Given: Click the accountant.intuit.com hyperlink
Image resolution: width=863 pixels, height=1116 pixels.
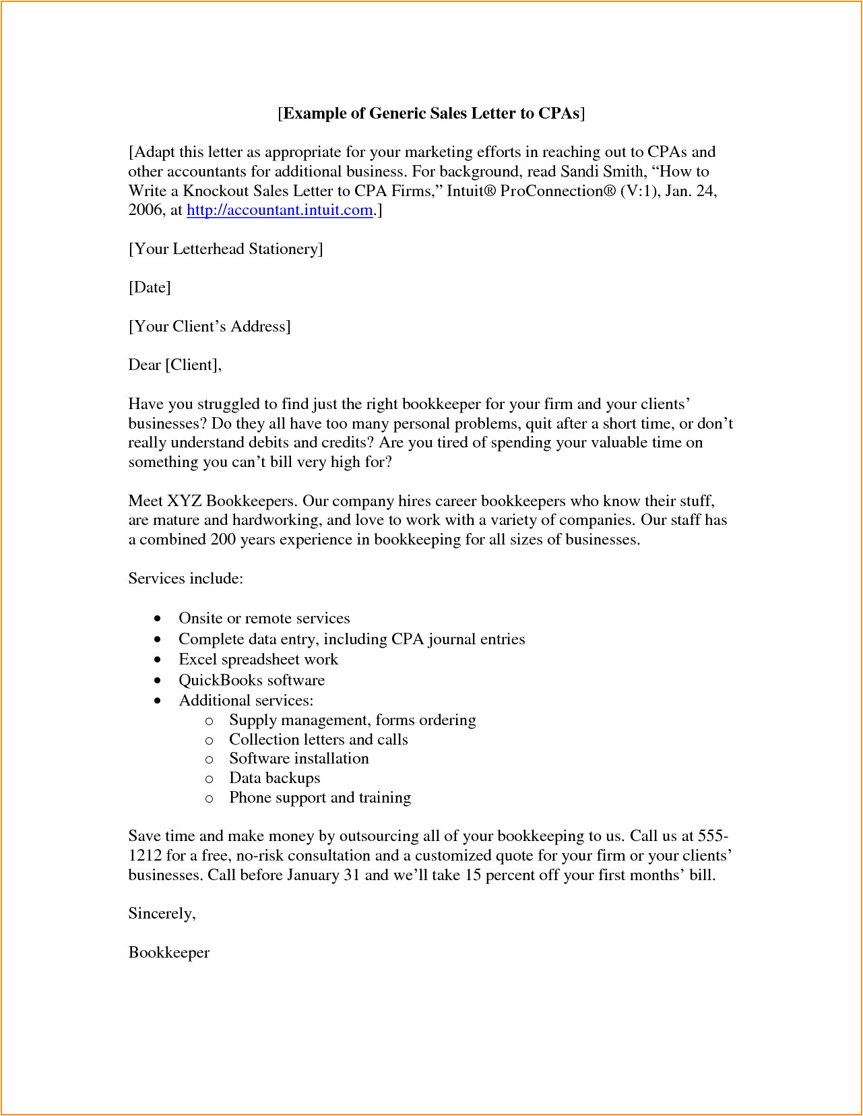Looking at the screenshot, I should click(x=280, y=210).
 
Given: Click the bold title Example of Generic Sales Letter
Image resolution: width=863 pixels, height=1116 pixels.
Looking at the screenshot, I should click(x=431, y=113).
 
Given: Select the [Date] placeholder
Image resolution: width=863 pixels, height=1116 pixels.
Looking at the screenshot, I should click(x=150, y=288).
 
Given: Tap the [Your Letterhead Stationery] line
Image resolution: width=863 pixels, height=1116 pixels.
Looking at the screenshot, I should click(x=226, y=249).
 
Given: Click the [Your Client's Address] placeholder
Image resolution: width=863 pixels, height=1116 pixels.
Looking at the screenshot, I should click(x=210, y=327).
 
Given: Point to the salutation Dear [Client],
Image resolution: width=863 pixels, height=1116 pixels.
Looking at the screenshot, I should click(x=174, y=365).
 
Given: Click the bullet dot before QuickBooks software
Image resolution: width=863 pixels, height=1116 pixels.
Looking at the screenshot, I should click(x=158, y=681).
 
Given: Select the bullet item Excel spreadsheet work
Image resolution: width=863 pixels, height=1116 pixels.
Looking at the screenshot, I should click(x=258, y=660).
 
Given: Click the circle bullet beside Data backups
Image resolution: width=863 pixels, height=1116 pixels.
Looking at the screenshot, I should click(x=210, y=779).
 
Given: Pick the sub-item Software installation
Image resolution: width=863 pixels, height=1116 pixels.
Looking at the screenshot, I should click(x=298, y=759).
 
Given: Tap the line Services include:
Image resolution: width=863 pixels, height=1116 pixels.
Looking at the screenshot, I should click(x=185, y=579).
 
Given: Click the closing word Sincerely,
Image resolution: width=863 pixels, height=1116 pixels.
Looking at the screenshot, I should click(x=162, y=914).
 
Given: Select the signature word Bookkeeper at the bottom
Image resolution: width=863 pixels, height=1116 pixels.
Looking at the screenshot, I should click(x=168, y=953).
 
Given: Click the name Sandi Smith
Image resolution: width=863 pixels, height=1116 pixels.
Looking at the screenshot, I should click(x=602, y=172).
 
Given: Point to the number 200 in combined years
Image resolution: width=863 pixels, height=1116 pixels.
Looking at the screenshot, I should click(x=223, y=540).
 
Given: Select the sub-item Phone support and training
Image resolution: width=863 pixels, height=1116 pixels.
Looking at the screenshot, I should click(x=319, y=798).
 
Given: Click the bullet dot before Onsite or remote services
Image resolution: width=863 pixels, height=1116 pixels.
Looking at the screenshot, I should click(x=158, y=619).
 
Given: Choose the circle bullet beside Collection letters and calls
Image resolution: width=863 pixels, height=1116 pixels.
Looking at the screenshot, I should click(x=210, y=741).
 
